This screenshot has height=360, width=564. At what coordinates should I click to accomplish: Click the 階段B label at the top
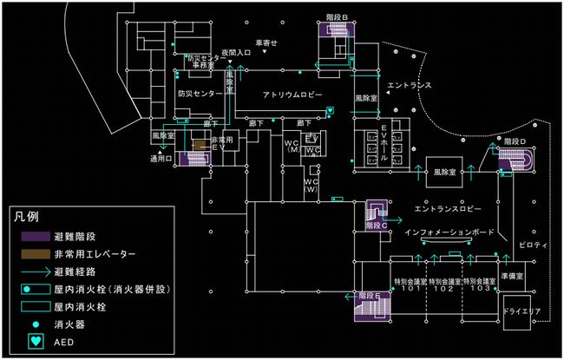tap(337, 17)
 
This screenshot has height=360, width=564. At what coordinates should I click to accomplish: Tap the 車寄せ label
tap(266, 43)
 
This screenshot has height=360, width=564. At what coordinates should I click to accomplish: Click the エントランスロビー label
tap(447, 209)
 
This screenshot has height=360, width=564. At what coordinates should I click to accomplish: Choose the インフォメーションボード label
tap(449, 233)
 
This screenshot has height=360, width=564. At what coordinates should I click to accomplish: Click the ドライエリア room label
tap(522, 309)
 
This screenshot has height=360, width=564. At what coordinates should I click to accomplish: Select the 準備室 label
tap(522, 276)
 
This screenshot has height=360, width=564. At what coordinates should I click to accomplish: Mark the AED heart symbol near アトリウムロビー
tap(330, 110)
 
